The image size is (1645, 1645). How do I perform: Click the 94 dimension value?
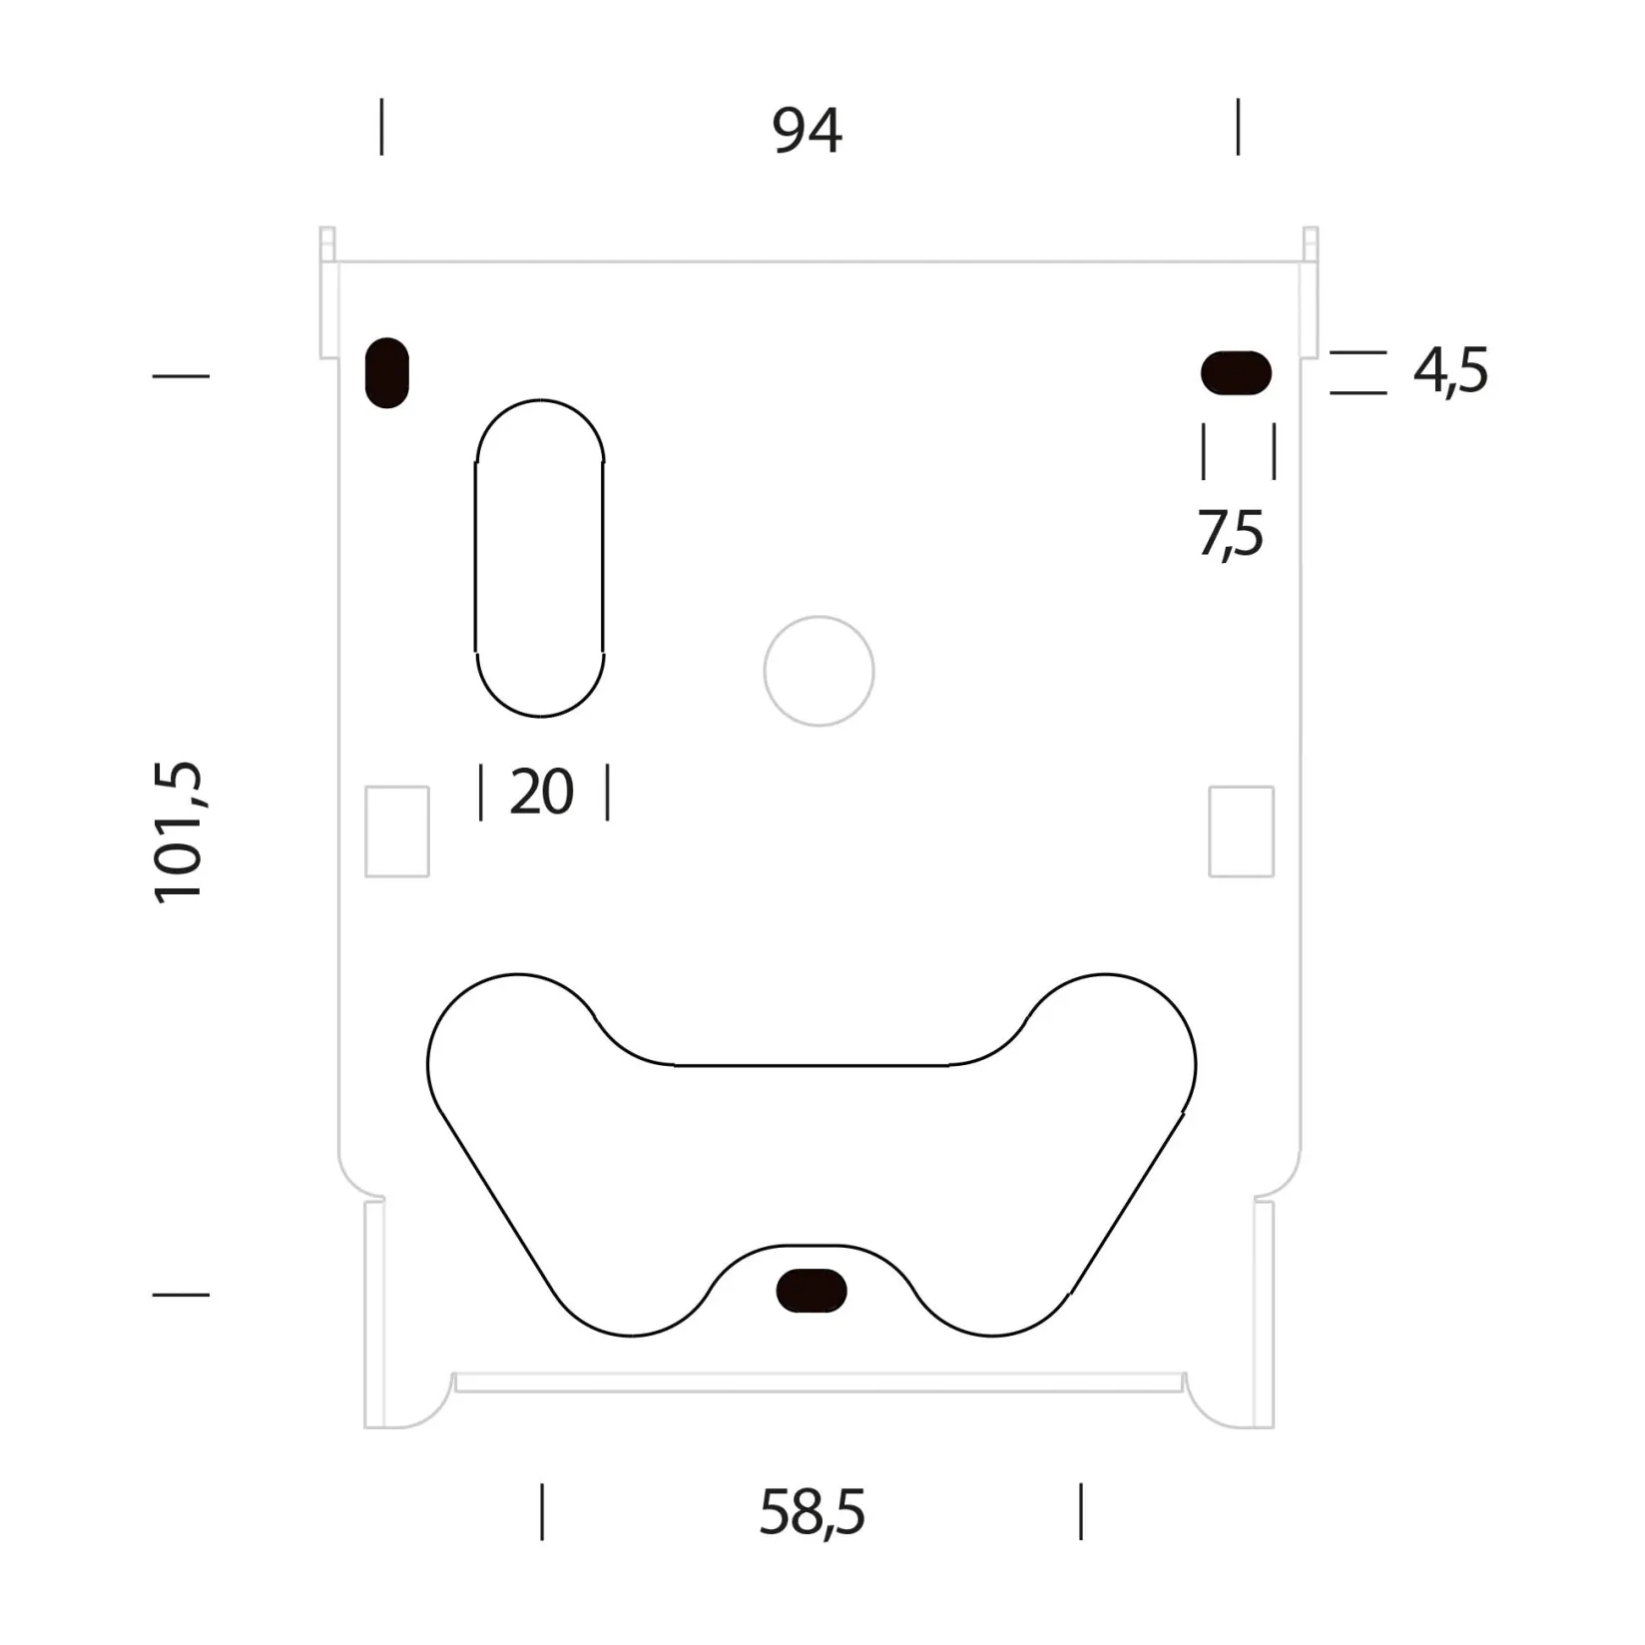(x=807, y=131)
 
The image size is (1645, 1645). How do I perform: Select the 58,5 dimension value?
(x=812, y=1513)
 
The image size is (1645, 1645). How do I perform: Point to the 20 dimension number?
(x=542, y=793)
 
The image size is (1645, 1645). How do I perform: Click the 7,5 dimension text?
(x=1230, y=535)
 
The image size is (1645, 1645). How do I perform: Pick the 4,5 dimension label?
(x=1450, y=370)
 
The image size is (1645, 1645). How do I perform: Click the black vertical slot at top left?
(x=387, y=373)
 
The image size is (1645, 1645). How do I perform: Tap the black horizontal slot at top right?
(x=1236, y=373)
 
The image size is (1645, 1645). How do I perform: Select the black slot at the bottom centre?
(x=812, y=1290)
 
